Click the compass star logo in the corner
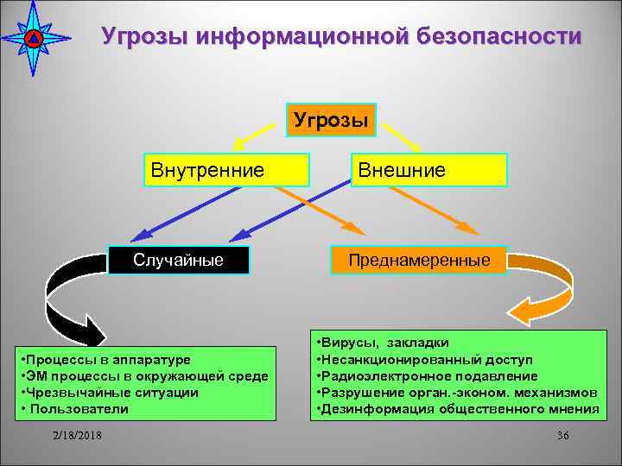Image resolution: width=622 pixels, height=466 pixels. (33, 38)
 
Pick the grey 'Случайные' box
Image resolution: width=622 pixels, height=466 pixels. (178, 260)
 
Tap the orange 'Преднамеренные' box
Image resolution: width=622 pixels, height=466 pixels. (419, 260)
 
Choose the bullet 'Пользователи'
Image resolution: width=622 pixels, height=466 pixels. (78, 408)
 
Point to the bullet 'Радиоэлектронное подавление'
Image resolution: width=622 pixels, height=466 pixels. (428, 375)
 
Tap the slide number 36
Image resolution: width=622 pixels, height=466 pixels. (562, 435)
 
